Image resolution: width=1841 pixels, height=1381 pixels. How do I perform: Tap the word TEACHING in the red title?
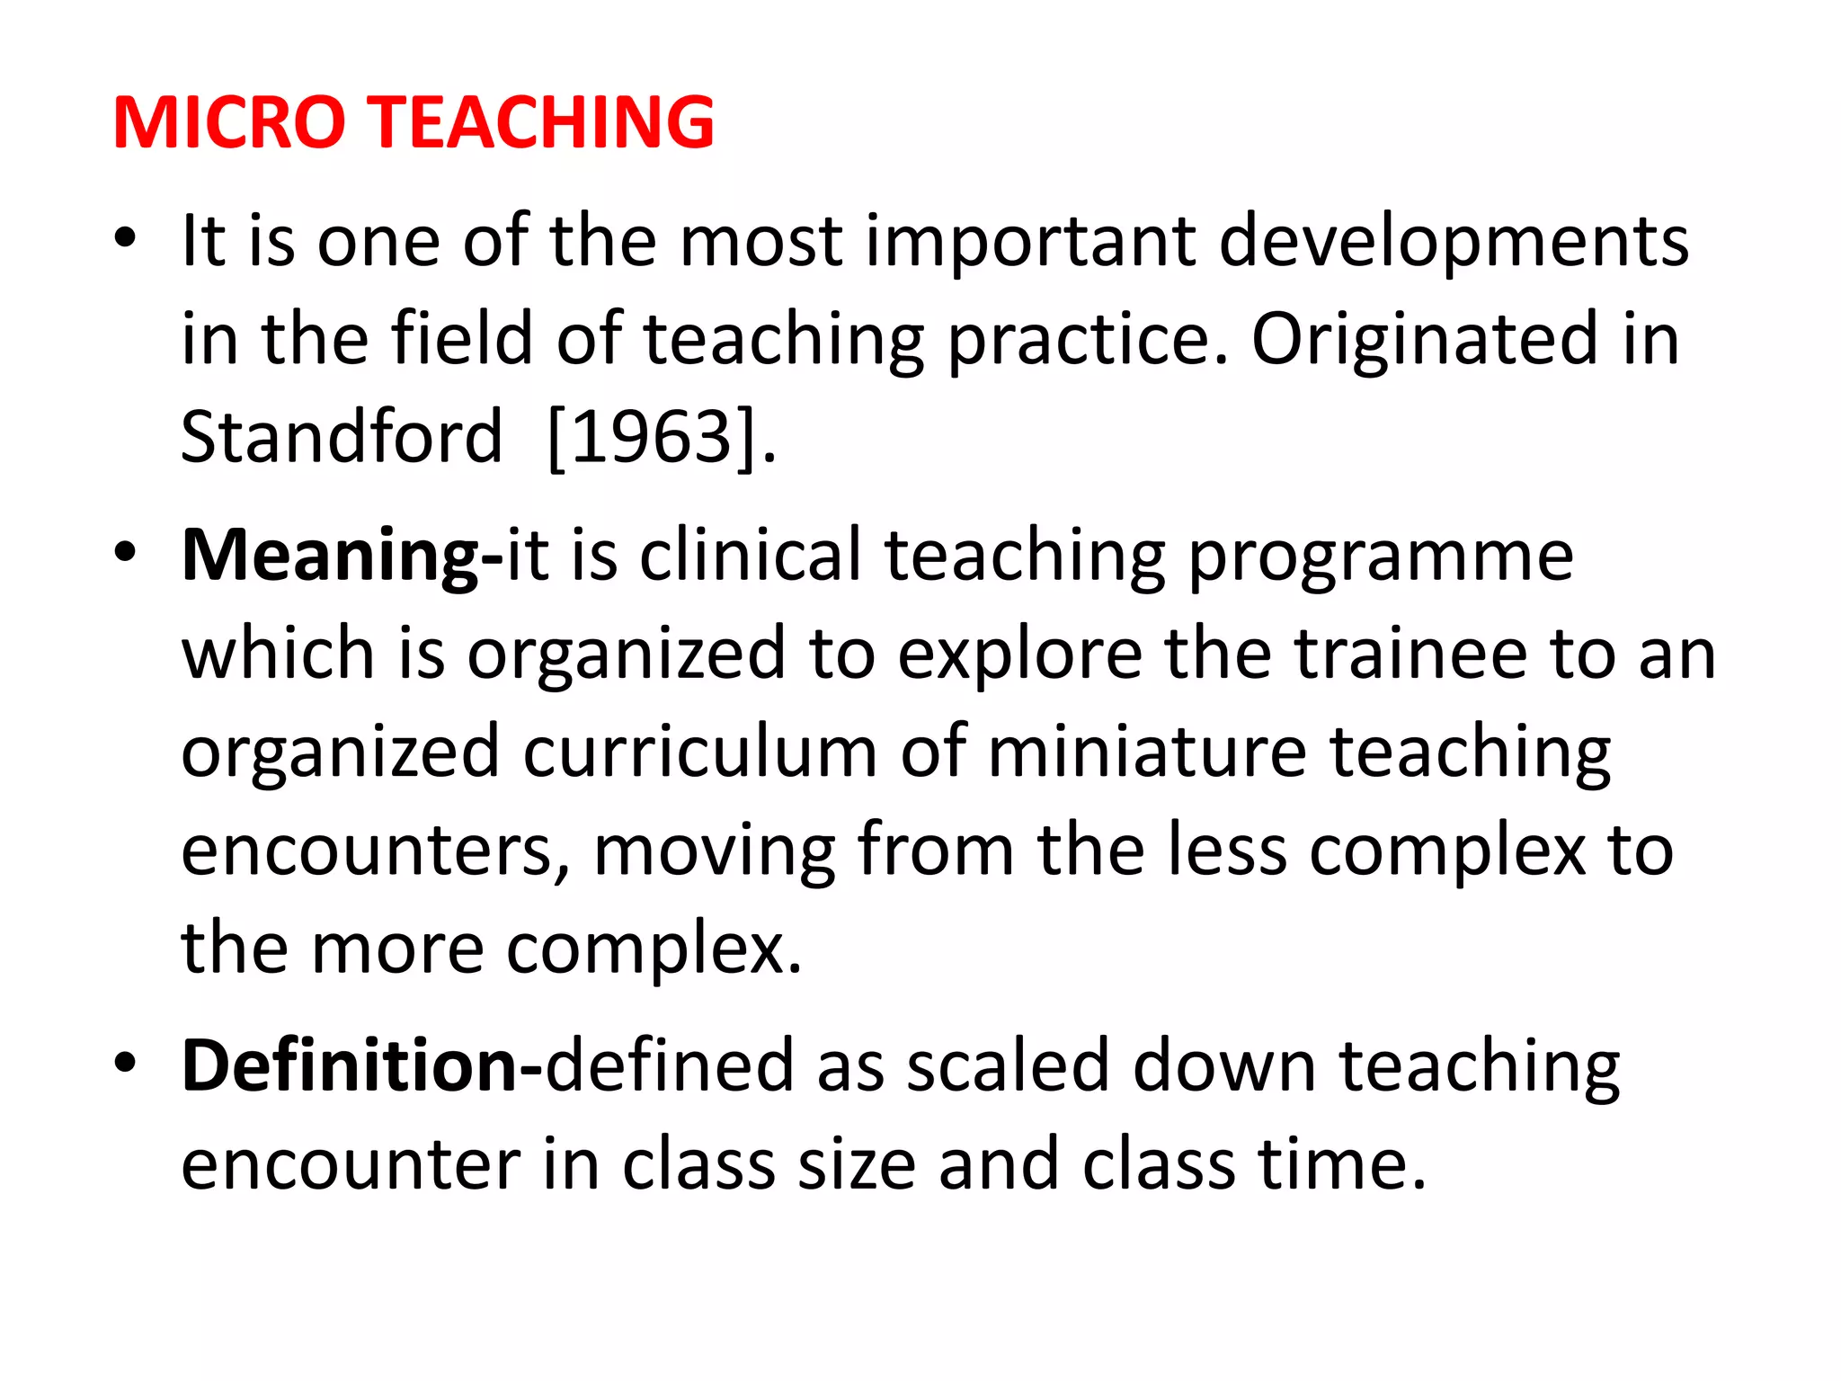point(543,122)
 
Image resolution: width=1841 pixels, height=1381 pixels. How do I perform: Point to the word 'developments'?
point(1454,242)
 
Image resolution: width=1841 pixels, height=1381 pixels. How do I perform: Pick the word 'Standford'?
point(341,437)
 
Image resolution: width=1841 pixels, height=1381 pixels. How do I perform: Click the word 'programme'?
point(1380,557)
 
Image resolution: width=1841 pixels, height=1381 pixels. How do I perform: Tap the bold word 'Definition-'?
point(361,1066)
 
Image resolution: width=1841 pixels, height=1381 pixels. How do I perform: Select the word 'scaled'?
point(1008,1066)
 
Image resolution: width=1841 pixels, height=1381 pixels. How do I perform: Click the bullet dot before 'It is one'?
point(125,239)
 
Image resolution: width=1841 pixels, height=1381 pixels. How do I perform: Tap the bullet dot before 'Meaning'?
point(125,552)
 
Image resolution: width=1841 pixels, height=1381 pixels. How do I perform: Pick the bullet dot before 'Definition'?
point(125,1063)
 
